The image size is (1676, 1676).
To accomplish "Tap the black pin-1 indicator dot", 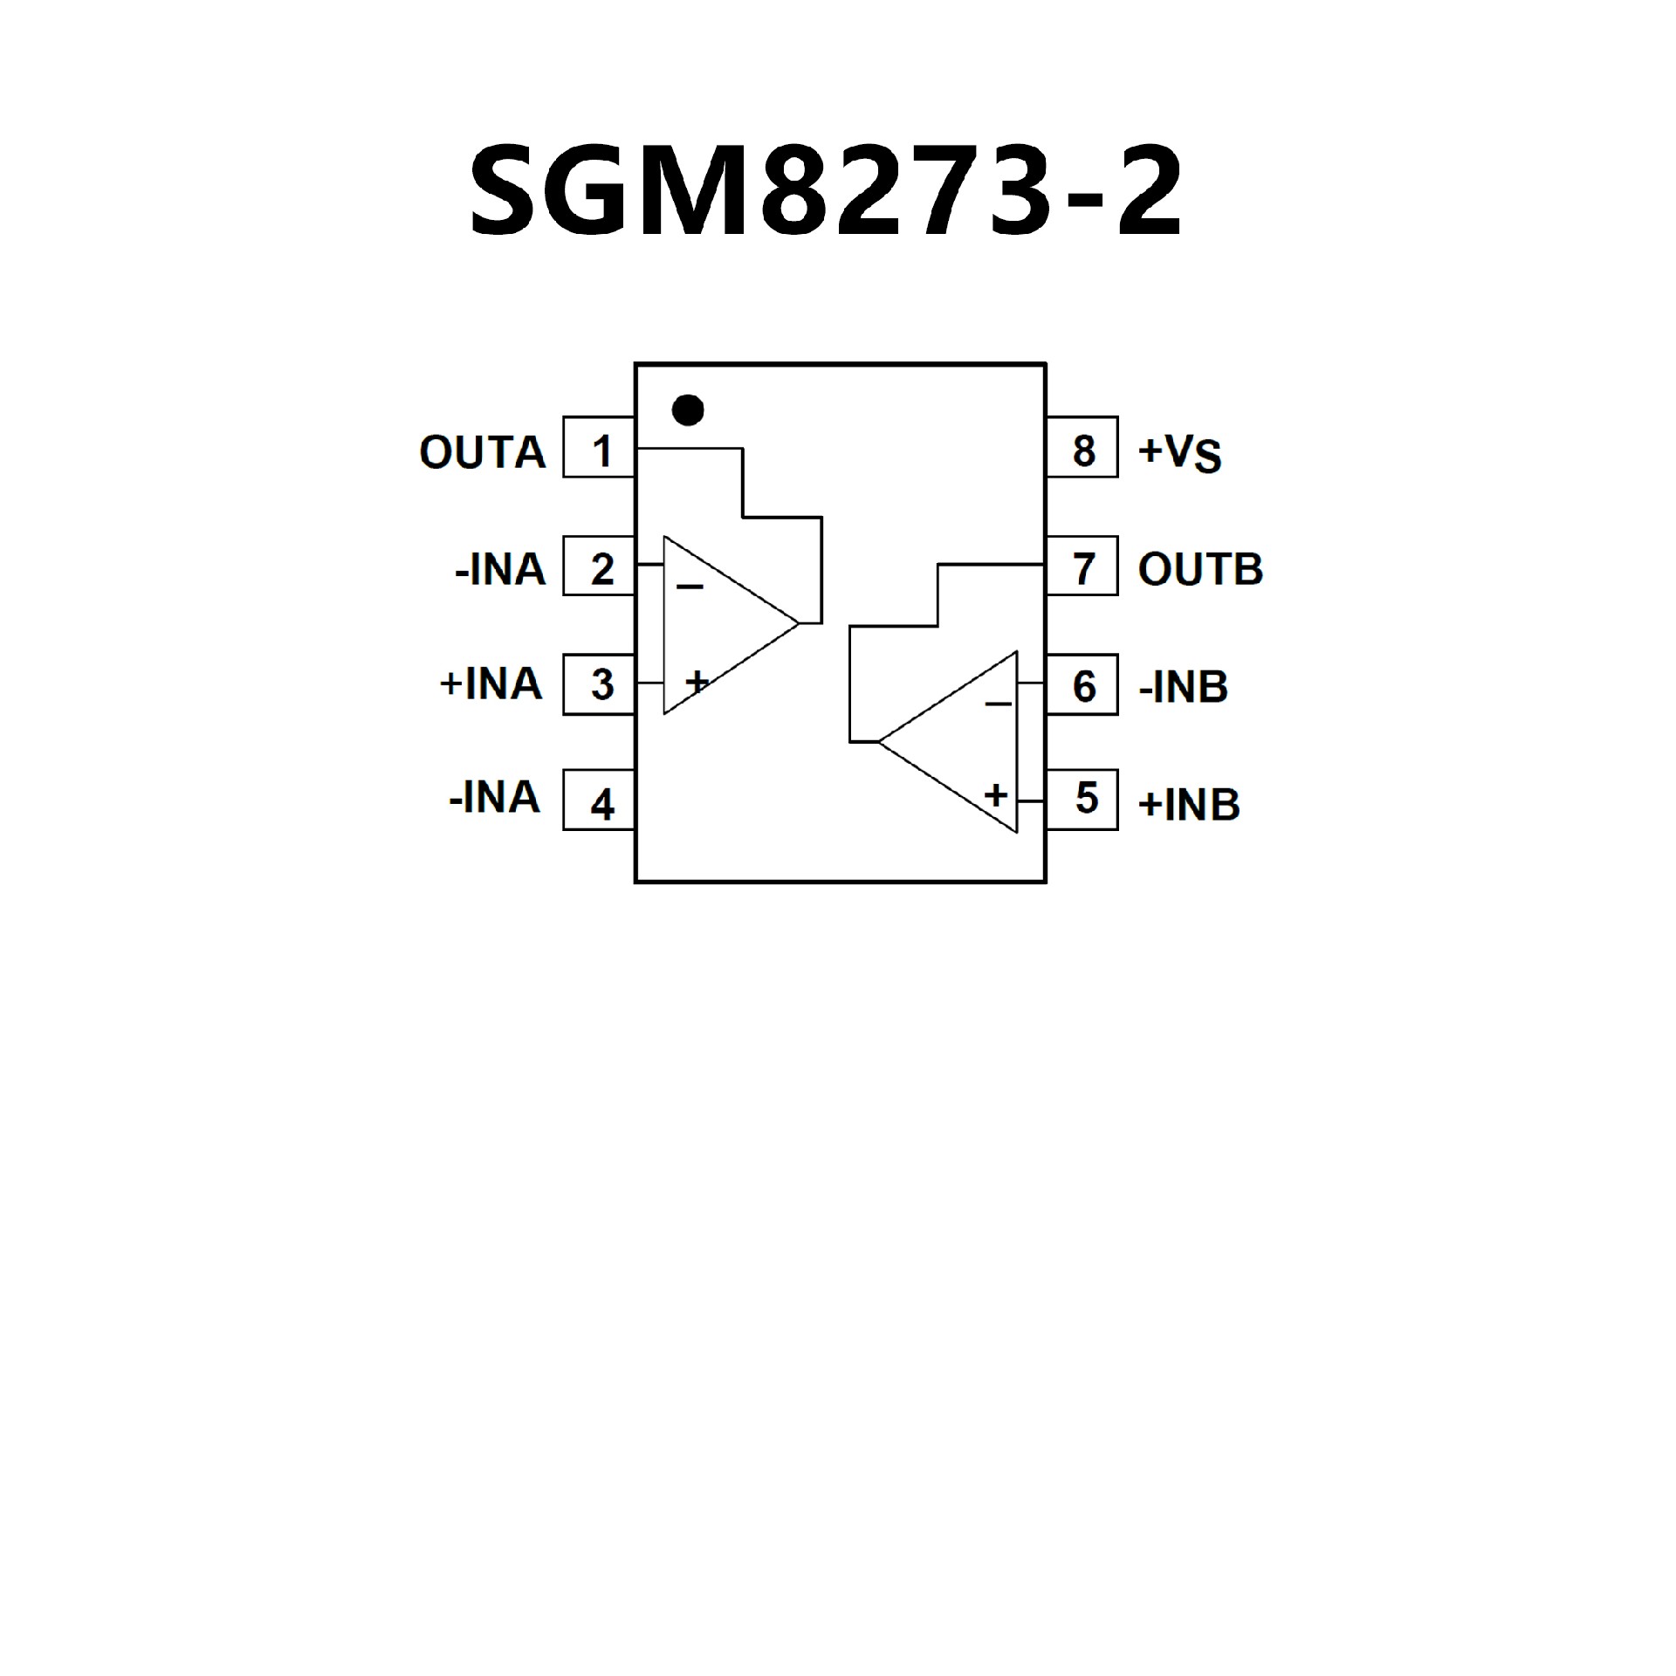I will (688, 409).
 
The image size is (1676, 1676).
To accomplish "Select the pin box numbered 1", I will (599, 448).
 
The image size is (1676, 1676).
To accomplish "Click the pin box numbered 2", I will (599, 567).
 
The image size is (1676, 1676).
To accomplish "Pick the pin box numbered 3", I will (599, 684).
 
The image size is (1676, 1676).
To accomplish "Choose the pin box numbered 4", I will (599, 800).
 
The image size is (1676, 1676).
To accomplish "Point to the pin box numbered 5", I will (1082, 799).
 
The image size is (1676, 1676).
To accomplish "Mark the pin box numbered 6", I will (1082, 685).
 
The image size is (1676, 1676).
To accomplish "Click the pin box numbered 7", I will (1082, 567).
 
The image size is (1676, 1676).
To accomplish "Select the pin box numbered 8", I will (1082, 448).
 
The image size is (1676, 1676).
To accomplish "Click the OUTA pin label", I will (482, 452).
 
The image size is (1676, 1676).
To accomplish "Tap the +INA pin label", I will (491, 683).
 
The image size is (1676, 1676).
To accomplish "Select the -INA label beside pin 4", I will (494, 798).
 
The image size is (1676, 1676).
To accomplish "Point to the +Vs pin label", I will (1179, 452).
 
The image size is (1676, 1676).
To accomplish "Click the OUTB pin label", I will (1200, 569).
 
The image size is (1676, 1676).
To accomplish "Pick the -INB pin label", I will (1184, 687).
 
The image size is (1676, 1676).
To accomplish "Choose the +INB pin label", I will (1189, 804).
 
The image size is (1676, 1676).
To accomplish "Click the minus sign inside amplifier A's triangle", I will (690, 587).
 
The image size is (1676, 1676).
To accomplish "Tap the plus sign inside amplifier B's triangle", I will (995, 794).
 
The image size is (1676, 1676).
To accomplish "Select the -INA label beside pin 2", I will (499, 570).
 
